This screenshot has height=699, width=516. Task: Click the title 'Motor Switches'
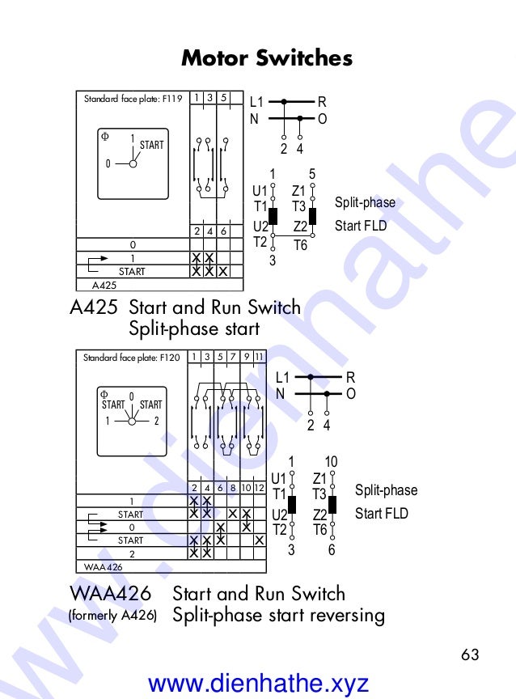coord(266,58)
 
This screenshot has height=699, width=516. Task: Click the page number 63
coord(470,654)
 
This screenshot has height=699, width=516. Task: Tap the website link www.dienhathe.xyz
coord(259,684)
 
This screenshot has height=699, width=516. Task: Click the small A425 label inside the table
coord(104,285)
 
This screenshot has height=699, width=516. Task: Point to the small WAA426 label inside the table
coord(104,566)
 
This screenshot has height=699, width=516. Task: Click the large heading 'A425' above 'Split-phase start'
coord(94,308)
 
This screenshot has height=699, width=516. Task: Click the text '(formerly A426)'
coord(112,616)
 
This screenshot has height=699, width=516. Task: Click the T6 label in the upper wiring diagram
coord(300,244)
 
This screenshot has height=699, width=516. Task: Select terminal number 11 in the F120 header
coord(259,357)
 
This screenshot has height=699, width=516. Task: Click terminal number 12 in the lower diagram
coord(259,488)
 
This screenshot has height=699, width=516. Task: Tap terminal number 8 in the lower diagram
coord(232,488)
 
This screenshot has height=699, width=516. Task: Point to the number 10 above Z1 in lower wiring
coord(331,461)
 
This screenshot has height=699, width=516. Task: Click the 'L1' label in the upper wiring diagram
coord(256,103)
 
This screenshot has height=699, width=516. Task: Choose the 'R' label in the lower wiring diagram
coord(350,377)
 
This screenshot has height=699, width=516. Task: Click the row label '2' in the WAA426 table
coord(131,553)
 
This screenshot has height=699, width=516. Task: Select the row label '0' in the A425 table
coord(133,244)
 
